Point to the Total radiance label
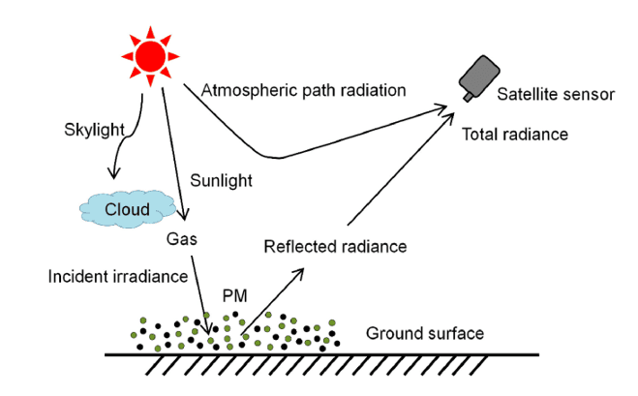pos(514,133)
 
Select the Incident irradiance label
pos(117,277)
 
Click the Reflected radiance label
pos(334,248)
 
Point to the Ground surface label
pos(424,334)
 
